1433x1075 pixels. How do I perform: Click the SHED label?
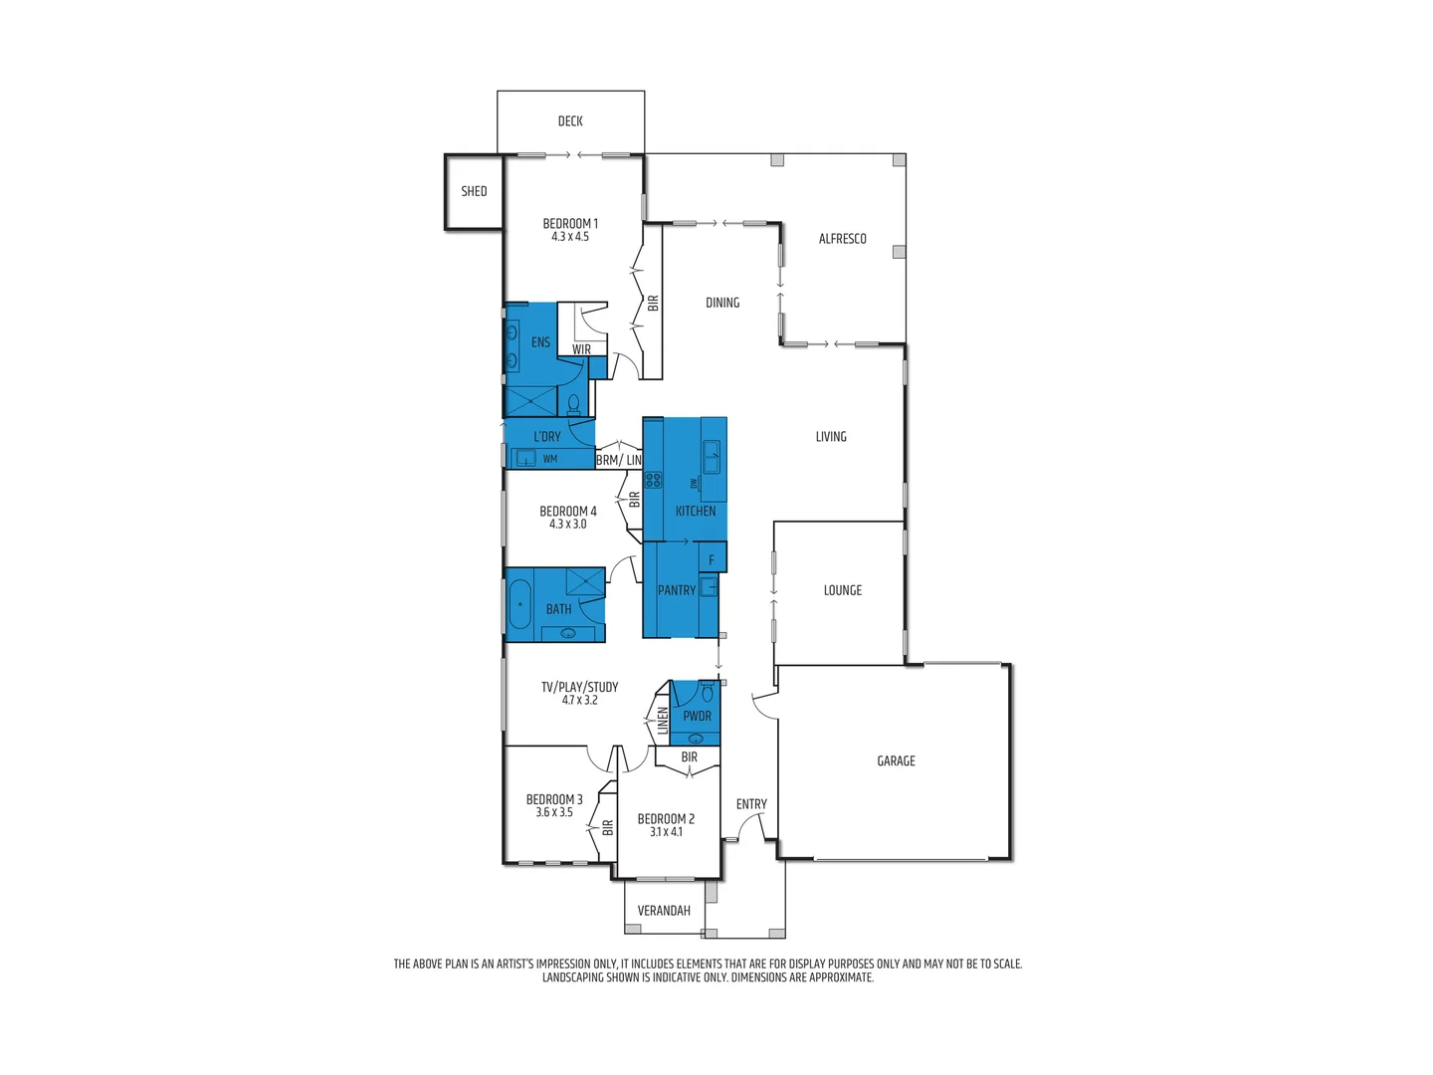click(474, 191)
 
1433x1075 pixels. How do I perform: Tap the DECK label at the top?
click(570, 121)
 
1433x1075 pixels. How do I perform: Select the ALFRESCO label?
click(842, 239)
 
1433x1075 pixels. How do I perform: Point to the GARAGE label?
click(896, 761)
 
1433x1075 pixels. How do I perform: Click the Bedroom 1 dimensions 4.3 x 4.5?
click(570, 237)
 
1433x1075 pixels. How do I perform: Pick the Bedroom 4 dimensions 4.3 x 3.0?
click(567, 525)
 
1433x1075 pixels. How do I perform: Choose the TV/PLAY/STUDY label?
click(579, 687)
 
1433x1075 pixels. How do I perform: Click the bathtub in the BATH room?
click(519, 605)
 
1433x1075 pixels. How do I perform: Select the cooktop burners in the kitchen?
click(653, 480)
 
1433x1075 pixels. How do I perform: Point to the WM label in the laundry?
click(550, 459)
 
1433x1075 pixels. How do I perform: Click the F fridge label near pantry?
click(712, 560)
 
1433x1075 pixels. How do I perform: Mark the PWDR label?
click(697, 716)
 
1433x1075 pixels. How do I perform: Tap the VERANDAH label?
click(664, 911)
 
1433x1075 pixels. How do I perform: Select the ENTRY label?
click(751, 804)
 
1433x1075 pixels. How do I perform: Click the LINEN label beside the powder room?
click(663, 721)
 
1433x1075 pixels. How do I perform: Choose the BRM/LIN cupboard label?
click(619, 460)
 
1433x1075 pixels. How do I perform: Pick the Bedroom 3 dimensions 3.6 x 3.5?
click(554, 812)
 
